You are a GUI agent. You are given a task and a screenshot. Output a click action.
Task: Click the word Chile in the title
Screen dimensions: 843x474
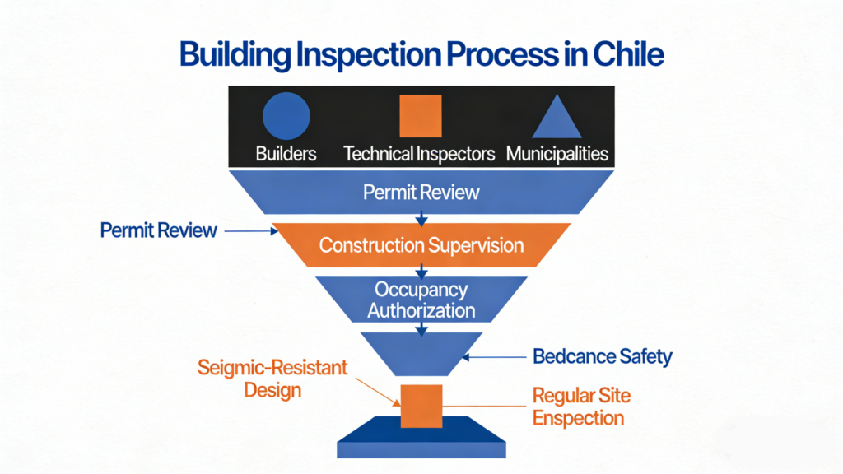(x=628, y=54)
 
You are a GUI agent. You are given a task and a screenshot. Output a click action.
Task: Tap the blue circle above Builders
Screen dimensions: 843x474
(x=286, y=115)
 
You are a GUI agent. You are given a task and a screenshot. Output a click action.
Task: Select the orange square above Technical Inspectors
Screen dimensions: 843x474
(x=421, y=116)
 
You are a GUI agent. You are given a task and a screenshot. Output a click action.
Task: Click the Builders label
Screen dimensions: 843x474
(x=286, y=154)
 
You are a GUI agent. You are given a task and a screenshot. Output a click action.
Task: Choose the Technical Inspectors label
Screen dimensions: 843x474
(x=419, y=154)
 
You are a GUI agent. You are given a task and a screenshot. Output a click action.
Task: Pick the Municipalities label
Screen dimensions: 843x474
(x=557, y=154)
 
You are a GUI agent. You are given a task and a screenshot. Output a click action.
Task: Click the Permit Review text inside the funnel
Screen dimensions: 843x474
(x=421, y=193)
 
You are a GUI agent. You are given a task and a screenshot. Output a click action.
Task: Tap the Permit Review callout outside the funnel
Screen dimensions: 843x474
(x=159, y=230)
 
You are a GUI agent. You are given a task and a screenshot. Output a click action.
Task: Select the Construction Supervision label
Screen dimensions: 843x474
(x=421, y=245)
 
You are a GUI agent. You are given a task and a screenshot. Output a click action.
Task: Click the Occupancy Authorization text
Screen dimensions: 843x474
(x=421, y=300)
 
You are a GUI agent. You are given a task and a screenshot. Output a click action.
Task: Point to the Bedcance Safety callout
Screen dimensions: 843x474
(x=602, y=356)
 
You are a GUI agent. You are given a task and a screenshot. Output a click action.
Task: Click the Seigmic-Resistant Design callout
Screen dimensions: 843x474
(x=272, y=379)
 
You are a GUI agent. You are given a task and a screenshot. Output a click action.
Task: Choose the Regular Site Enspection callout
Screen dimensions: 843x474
(x=581, y=407)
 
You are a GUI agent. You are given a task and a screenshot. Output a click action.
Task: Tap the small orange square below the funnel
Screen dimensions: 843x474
(x=421, y=407)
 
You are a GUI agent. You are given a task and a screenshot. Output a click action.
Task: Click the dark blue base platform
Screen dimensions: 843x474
(x=421, y=437)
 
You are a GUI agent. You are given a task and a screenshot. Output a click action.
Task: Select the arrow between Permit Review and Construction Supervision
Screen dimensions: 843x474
(x=421, y=219)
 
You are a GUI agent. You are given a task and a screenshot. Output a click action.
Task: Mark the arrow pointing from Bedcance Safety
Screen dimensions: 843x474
(x=494, y=357)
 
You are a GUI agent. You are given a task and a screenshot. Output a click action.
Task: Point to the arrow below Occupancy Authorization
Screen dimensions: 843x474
(x=421, y=328)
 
